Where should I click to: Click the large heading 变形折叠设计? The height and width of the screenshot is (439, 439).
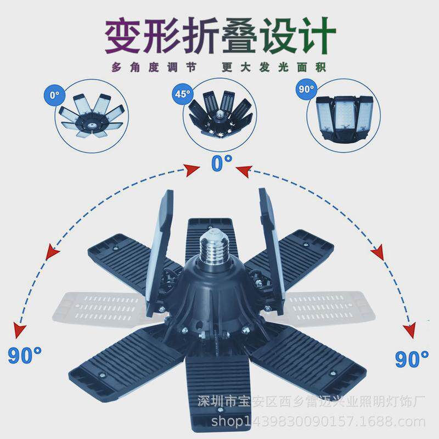tap(219, 34)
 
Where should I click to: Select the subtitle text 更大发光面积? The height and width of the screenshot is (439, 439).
tap(274, 67)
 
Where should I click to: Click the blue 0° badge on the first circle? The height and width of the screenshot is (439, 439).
tap(53, 94)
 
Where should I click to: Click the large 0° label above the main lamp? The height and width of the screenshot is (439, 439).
tap(221, 162)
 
